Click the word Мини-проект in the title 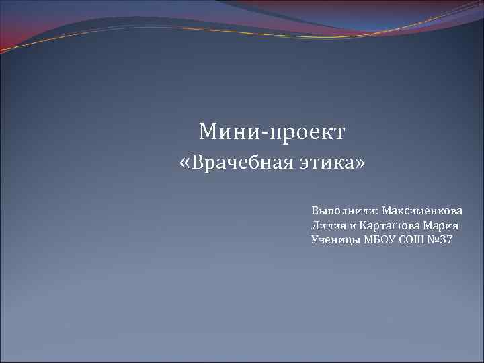click(x=272, y=132)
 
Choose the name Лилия click(x=327, y=225)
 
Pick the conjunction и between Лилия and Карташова click(x=352, y=226)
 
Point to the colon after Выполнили click(x=377, y=212)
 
